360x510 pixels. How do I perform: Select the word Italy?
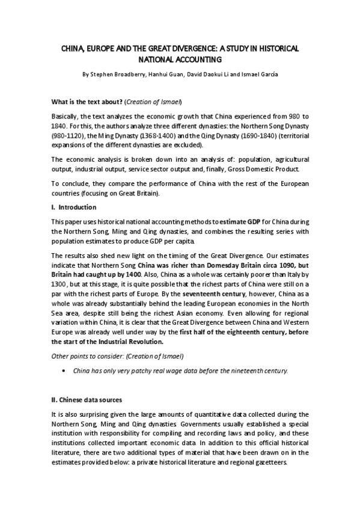click(284, 274)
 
